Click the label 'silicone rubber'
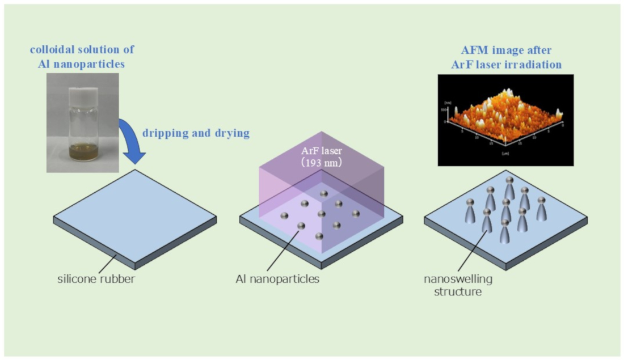point(96,279)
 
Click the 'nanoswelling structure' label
point(459,285)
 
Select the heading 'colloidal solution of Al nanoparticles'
point(82,57)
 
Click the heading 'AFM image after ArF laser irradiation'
point(507,57)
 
